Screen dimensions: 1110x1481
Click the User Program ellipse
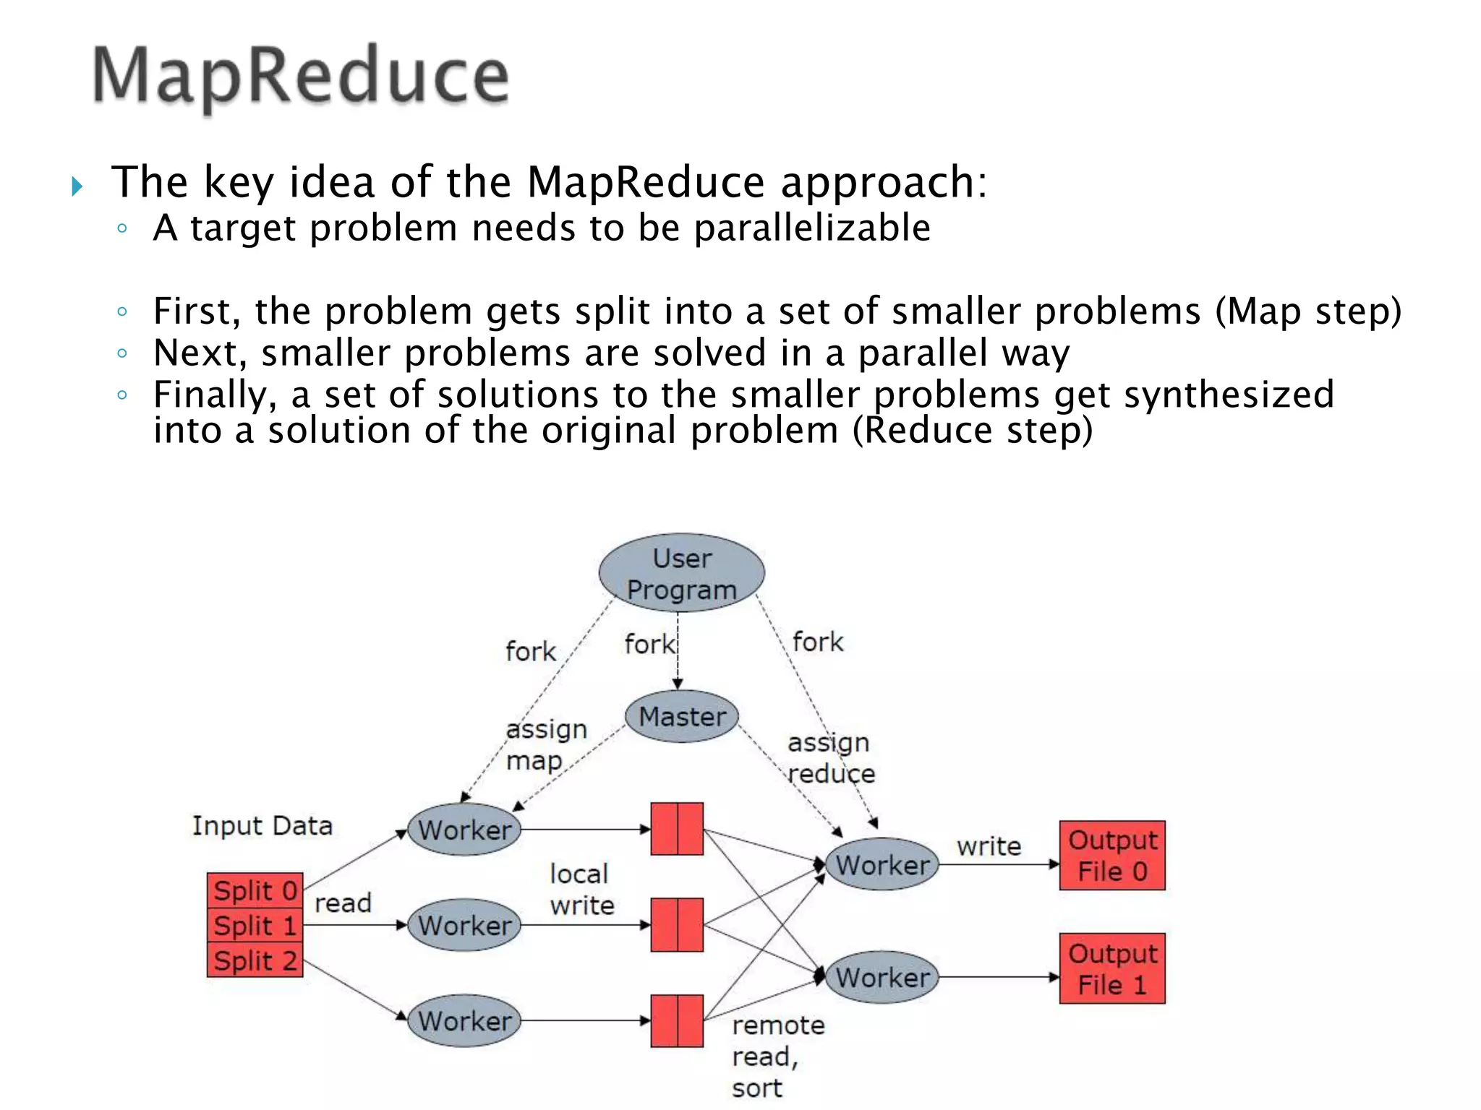[681, 573]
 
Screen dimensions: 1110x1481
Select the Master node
[682, 717]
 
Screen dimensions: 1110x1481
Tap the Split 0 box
[255, 890]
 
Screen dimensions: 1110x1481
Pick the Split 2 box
[255, 960]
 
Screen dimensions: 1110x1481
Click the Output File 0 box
[1111, 856]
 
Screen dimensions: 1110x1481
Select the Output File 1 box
[1111, 968]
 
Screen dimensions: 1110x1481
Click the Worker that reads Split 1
[464, 925]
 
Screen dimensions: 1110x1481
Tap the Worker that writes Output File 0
[882, 864]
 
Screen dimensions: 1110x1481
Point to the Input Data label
[262, 825]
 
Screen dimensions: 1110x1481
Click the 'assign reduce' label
[831, 758]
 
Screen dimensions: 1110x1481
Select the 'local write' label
[581, 890]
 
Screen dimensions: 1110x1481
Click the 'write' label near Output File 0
[989, 846]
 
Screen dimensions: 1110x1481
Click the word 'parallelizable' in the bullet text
[811, 228]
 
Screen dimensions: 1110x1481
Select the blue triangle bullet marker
[77, 187]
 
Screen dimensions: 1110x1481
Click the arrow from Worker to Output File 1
[998, 977]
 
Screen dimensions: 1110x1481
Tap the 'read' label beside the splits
[343, 903]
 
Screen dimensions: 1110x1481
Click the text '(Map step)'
[1307, 311]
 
